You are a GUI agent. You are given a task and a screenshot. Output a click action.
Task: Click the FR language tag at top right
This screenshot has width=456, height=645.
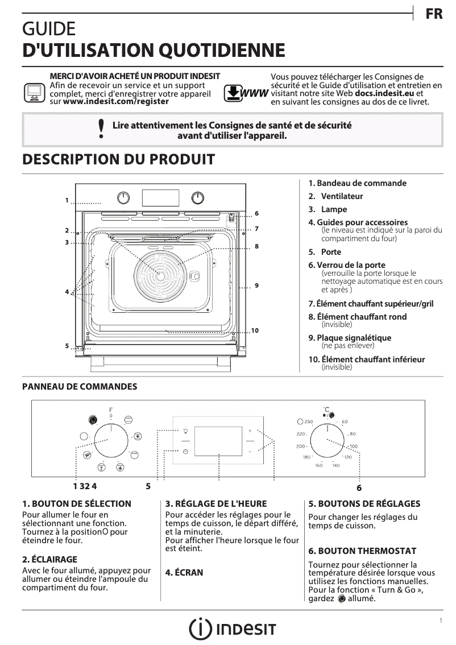[x=434, y=15]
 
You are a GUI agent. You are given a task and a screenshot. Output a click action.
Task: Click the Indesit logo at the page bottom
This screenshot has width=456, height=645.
[x=233, y=629]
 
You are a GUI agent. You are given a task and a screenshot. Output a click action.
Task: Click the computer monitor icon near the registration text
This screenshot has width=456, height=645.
[x=35, y=92]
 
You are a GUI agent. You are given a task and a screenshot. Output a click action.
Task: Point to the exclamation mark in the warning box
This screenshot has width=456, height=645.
[x=101, y=129]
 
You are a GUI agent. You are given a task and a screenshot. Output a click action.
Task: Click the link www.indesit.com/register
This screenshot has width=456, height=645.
[x=116, y=101]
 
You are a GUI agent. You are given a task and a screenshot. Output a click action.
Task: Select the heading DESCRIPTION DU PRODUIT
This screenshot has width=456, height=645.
[x=118, y=159]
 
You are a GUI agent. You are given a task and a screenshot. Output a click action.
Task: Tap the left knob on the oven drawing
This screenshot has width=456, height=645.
[x=123, y=197]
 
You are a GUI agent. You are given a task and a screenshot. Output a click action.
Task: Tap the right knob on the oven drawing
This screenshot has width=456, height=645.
[x=197, y=197]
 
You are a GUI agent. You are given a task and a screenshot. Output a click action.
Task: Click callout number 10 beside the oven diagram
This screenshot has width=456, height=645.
[x=255, y=330]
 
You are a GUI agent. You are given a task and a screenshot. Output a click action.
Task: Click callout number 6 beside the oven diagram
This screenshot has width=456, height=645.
[x=256, y=213]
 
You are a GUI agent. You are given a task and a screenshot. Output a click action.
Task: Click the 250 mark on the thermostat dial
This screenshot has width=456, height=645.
[x=309, y=421]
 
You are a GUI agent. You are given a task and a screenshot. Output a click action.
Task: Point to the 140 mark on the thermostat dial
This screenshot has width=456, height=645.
[x=335, y=465]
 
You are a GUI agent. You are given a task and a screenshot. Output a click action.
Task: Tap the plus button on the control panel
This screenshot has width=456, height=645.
[x=250, y=431]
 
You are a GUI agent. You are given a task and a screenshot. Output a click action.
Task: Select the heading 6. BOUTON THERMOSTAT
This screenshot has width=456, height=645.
[x=362, y=551]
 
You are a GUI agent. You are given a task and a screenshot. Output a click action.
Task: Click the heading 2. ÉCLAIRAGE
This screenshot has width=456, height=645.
[x=49, y=559]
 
